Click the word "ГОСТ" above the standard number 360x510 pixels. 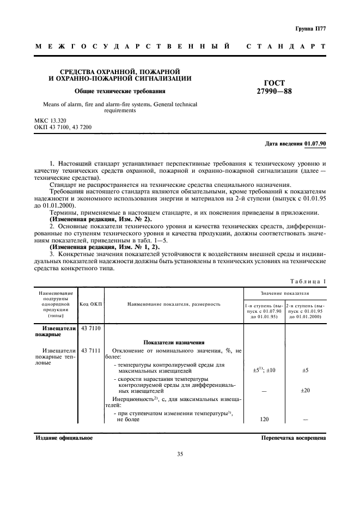tap(274, 83)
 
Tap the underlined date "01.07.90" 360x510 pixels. tap(315, 143)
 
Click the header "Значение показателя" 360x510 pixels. tap(285, 293)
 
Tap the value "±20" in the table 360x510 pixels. tap(305, 390)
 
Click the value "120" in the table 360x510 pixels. tap(264, 420)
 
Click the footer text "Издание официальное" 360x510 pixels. tap(64, 438)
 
